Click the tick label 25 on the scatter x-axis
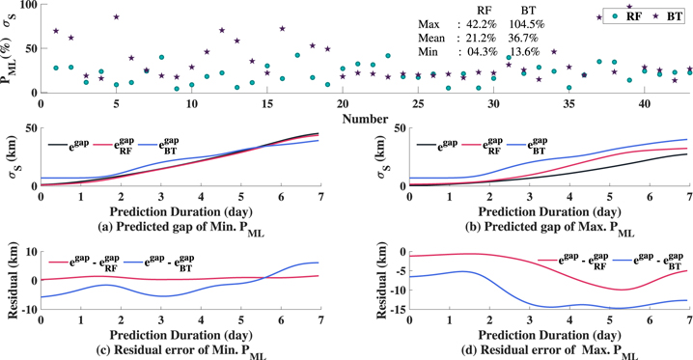pyautogui.click(x=418, y=104)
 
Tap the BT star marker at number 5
pyautogui.click(x=116, y=17)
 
